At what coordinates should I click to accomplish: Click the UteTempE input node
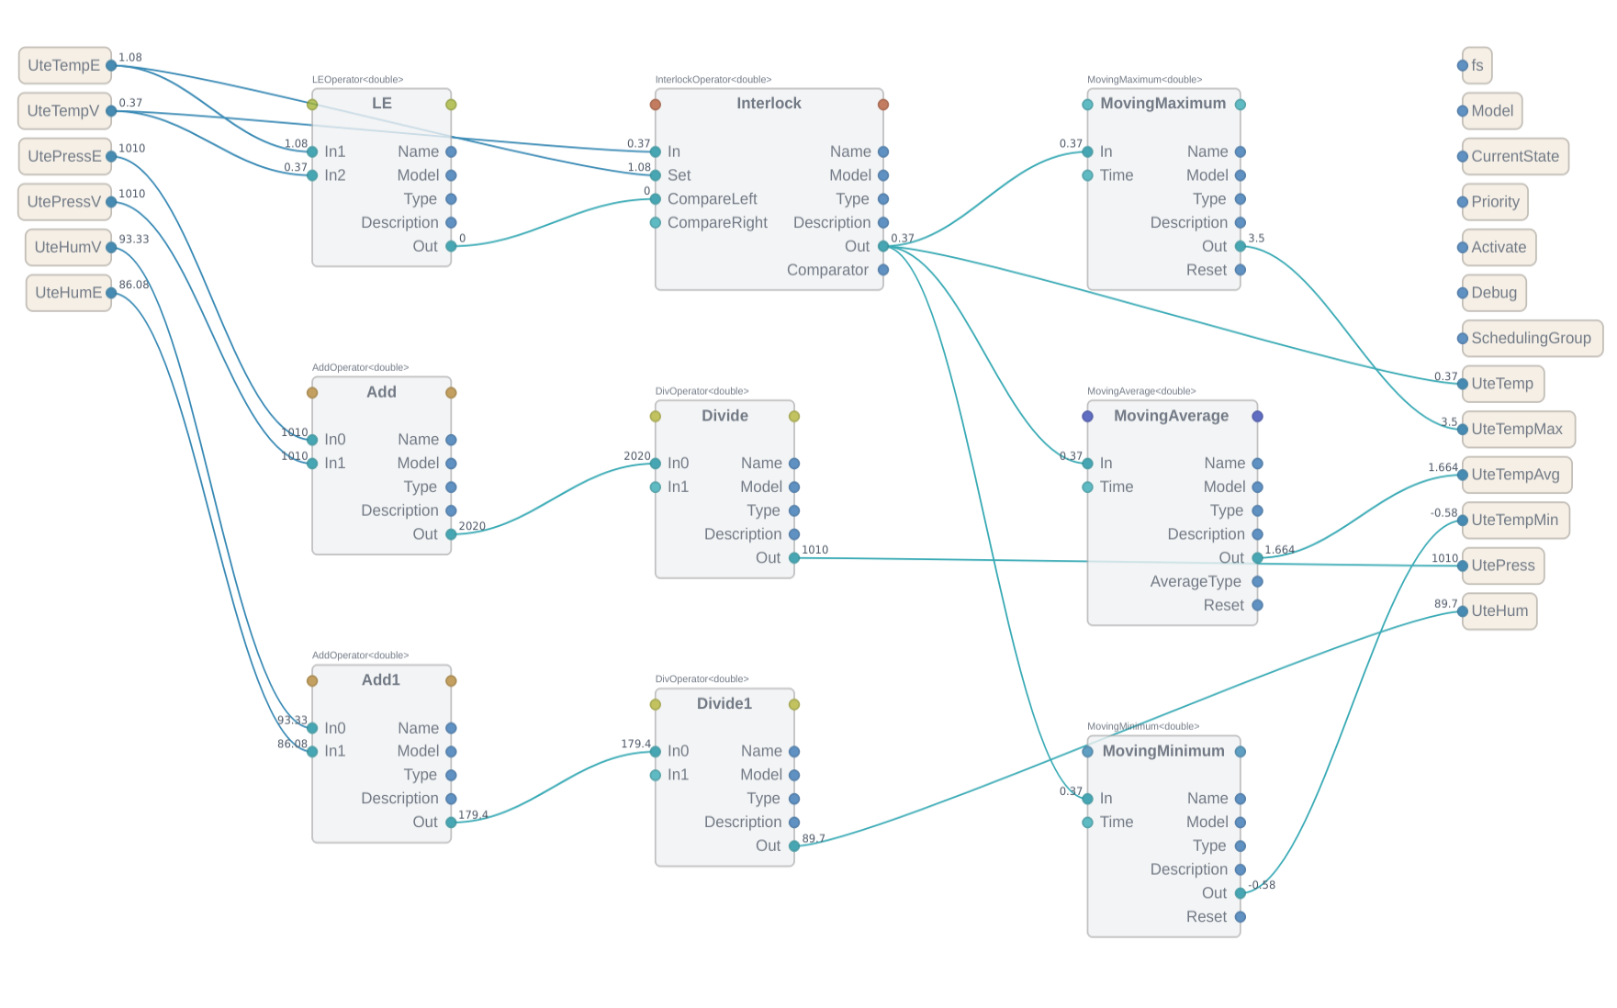point(63,65)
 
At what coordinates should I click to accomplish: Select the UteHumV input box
point(67,247)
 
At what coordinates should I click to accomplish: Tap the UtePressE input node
point(63,156)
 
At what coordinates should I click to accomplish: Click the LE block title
point(381,104)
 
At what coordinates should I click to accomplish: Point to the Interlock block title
point(769,104)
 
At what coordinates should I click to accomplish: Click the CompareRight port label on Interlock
point(717,223)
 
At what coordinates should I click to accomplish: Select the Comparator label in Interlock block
point(827,270)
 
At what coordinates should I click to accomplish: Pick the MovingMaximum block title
point(1162,104)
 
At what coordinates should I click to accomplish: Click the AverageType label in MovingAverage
point(1195,581)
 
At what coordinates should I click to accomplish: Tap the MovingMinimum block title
point(1162,751)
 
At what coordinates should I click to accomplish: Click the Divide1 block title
point(724,704)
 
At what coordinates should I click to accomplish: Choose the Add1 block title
point(380,680)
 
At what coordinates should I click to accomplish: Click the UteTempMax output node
point(1516,429)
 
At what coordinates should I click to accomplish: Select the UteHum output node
point(1499,611)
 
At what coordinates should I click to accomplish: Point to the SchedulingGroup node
point(1531,338)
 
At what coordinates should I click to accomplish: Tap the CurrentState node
point(1514,156)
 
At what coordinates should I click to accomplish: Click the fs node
point(1477,65)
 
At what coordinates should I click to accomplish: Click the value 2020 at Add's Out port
point(472,526)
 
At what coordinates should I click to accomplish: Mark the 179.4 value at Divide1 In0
point(635,744)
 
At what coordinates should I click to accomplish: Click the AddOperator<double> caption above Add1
point(360,655)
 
